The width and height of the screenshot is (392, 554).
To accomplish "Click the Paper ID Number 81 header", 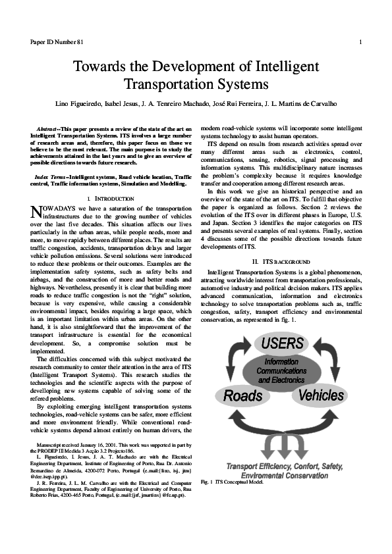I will tap(56, 42).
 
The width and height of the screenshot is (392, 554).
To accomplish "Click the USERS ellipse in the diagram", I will tap(282, 344).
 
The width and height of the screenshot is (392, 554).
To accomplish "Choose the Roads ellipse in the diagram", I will tap(243, 395).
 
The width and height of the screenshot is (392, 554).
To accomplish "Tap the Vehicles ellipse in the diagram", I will tap(321, 395).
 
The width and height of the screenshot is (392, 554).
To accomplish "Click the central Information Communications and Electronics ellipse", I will tap(281, 370).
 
